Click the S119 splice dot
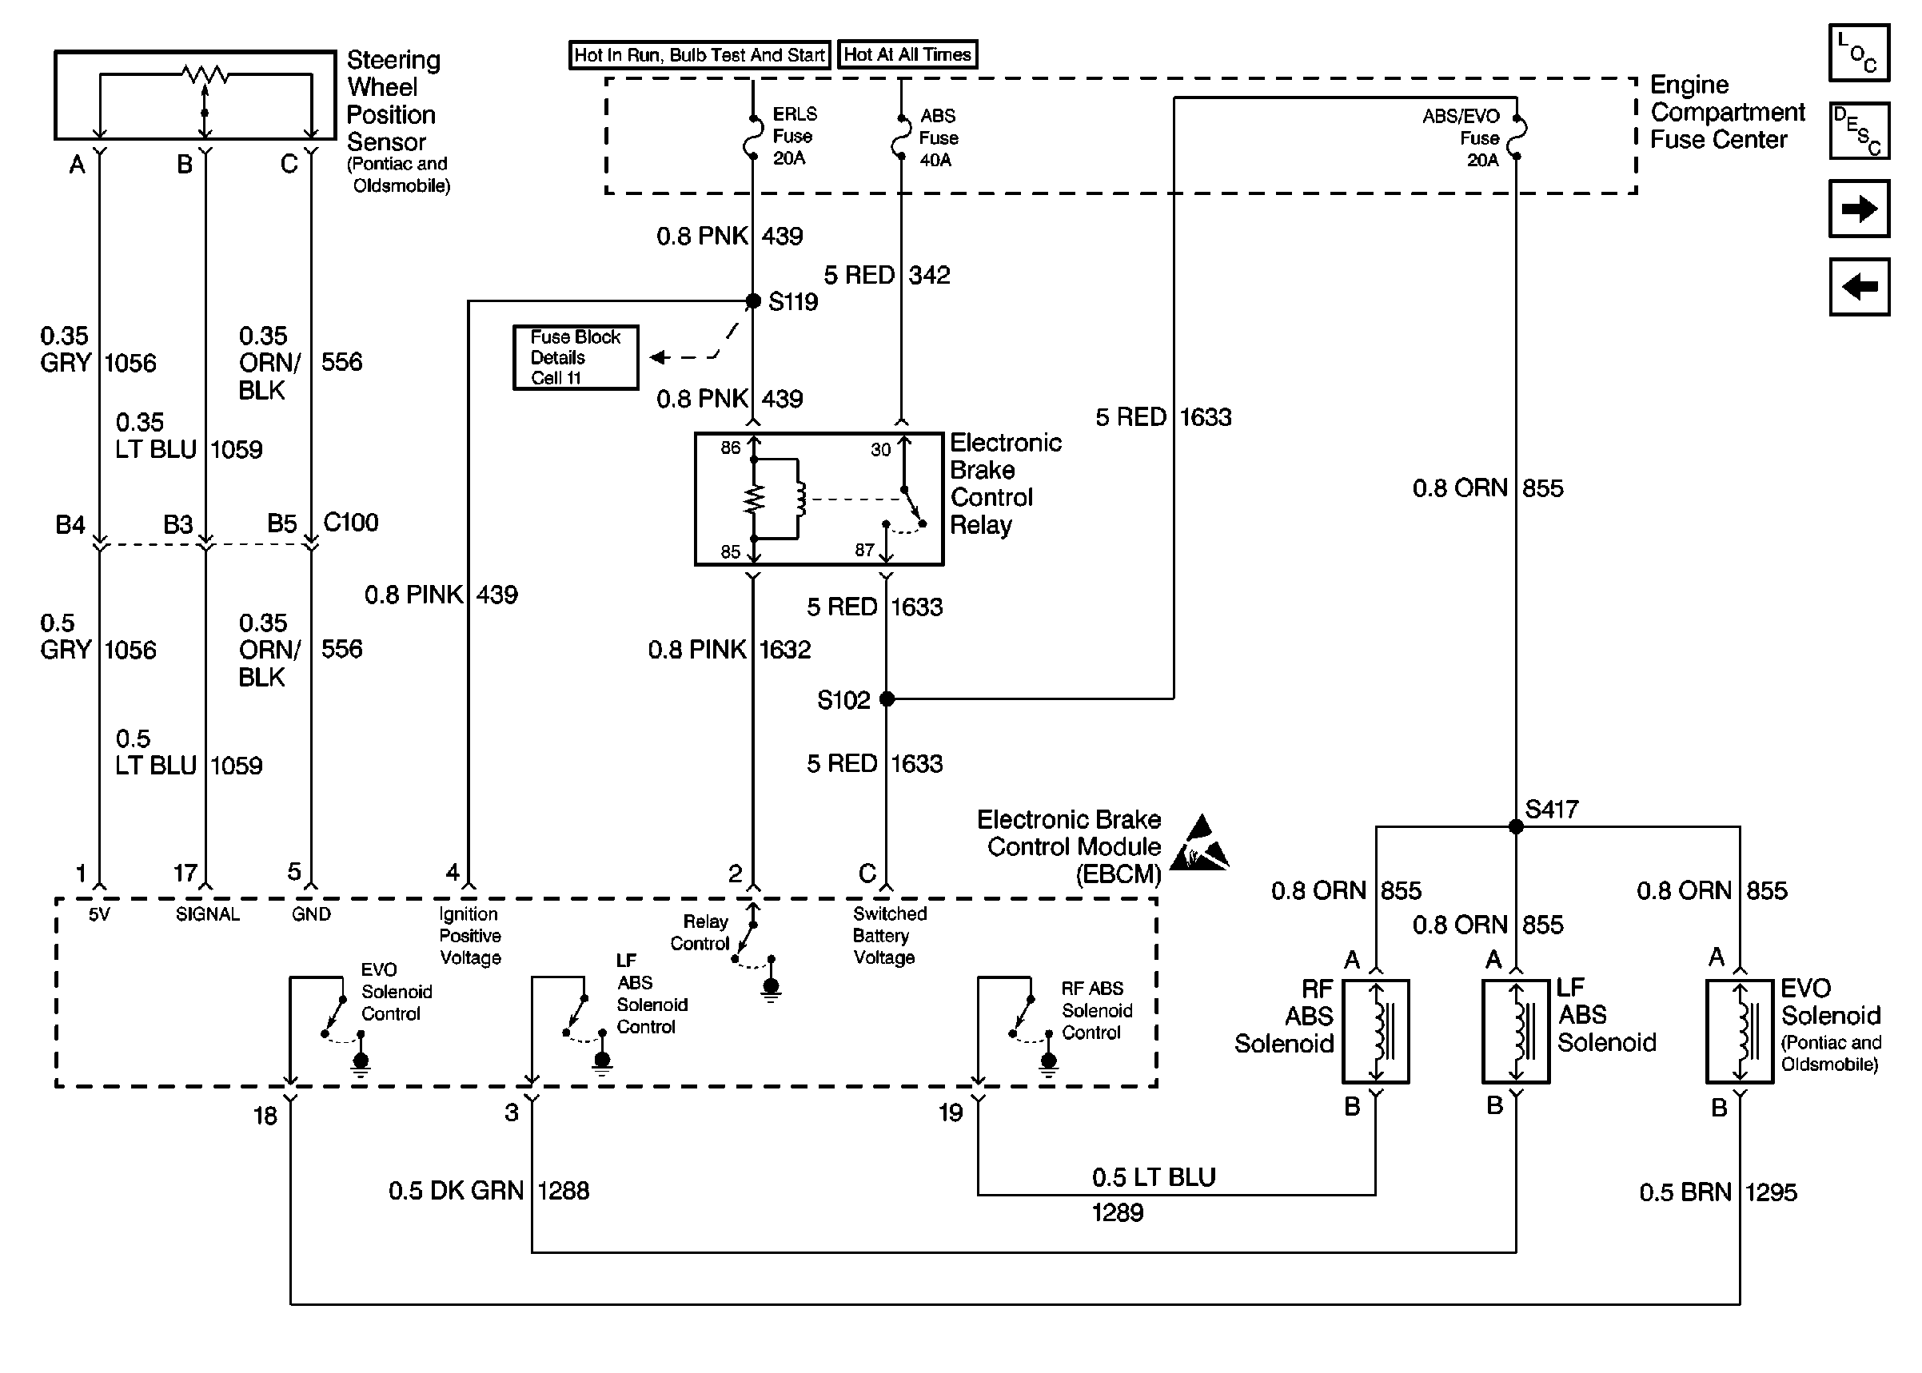pos(752,301)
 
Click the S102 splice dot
pos(886,698)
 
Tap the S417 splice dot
pos(1515,826)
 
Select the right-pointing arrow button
pos(1859,208)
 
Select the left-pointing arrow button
pos(1859,287)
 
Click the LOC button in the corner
pos(1859,54)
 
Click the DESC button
pos(1859,131)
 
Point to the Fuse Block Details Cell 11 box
pos(576,357)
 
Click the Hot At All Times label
pos(907,55)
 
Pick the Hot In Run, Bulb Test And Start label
pos(700,55)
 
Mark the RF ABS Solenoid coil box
pos(1376,1032)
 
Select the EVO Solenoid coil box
pos(1740,1032)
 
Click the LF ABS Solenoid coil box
pos(1515,1032)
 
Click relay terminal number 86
pos(731,448)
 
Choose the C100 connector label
pos(351,523)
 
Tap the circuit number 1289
pos(1117,1212)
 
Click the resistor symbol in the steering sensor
pos(205,74)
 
